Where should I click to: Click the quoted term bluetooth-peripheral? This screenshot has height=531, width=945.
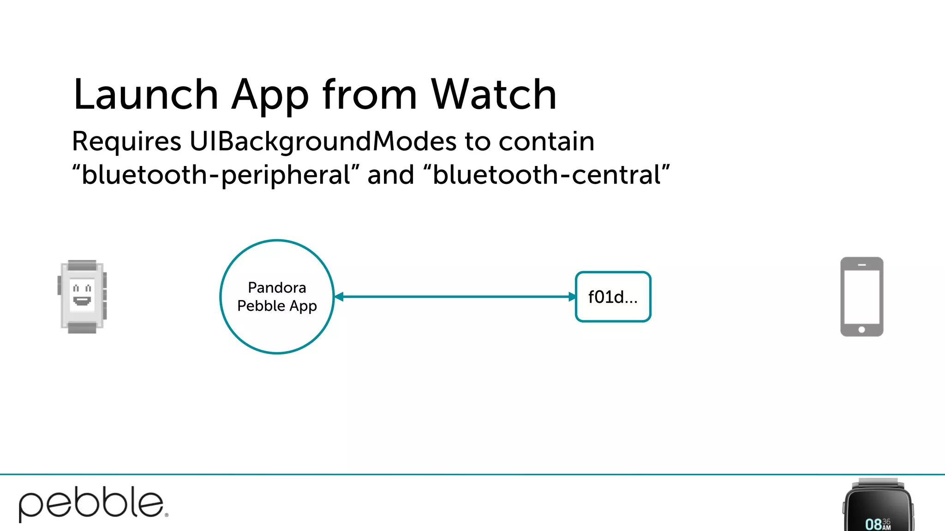point(216,175)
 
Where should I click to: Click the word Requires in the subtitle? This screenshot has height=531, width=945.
point(126,142)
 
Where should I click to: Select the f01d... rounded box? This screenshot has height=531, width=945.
point(613,297)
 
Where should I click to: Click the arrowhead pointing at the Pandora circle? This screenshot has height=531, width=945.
point(339,297)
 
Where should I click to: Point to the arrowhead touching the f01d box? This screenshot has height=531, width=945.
point(572,297)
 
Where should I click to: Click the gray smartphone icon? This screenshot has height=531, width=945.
point(861,296)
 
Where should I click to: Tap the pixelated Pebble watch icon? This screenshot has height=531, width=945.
point(82,296)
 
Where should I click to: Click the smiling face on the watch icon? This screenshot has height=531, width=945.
point(82,295)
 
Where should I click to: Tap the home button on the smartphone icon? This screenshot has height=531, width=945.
point(861,330)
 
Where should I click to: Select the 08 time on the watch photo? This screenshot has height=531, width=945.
point(873,524)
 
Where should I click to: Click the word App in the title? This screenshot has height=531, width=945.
point(270,96)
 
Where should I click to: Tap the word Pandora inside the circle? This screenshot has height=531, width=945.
point(277,288)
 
